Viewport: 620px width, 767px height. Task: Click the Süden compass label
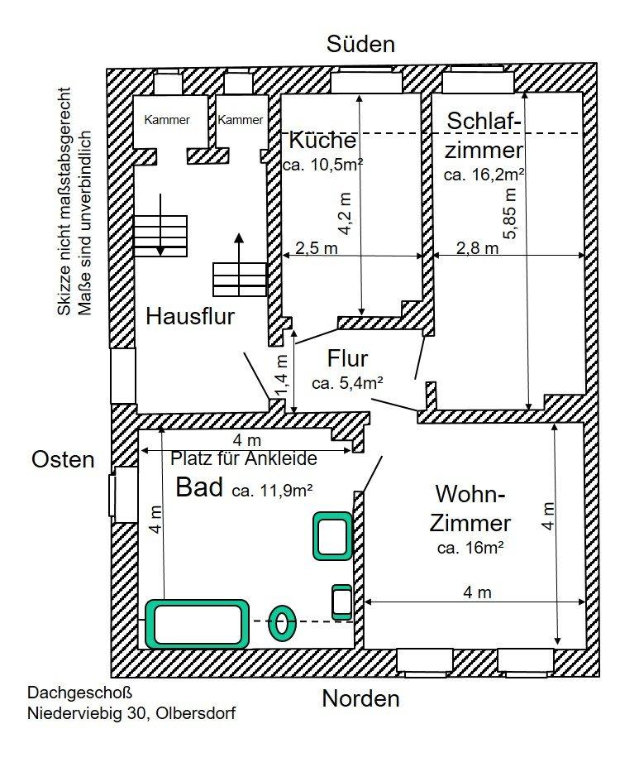click(360, 44)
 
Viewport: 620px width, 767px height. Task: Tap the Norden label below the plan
click(360, 698)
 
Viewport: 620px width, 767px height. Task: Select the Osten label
click(64, 459)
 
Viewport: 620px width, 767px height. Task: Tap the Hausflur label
click(191, 315)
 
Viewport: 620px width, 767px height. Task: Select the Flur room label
click(347, 358)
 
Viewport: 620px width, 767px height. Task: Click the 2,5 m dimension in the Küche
click(316, 247)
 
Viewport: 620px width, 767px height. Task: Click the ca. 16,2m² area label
click(485, 175)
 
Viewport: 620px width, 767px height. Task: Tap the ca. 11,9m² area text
click(272, 489)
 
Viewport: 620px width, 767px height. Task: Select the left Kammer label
click(167, 120)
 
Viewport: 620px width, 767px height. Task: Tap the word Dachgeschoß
click(79, 692)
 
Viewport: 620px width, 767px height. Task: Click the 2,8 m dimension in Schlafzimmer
click(478, 247)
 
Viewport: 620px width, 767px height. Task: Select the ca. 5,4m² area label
click(347, 382)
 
